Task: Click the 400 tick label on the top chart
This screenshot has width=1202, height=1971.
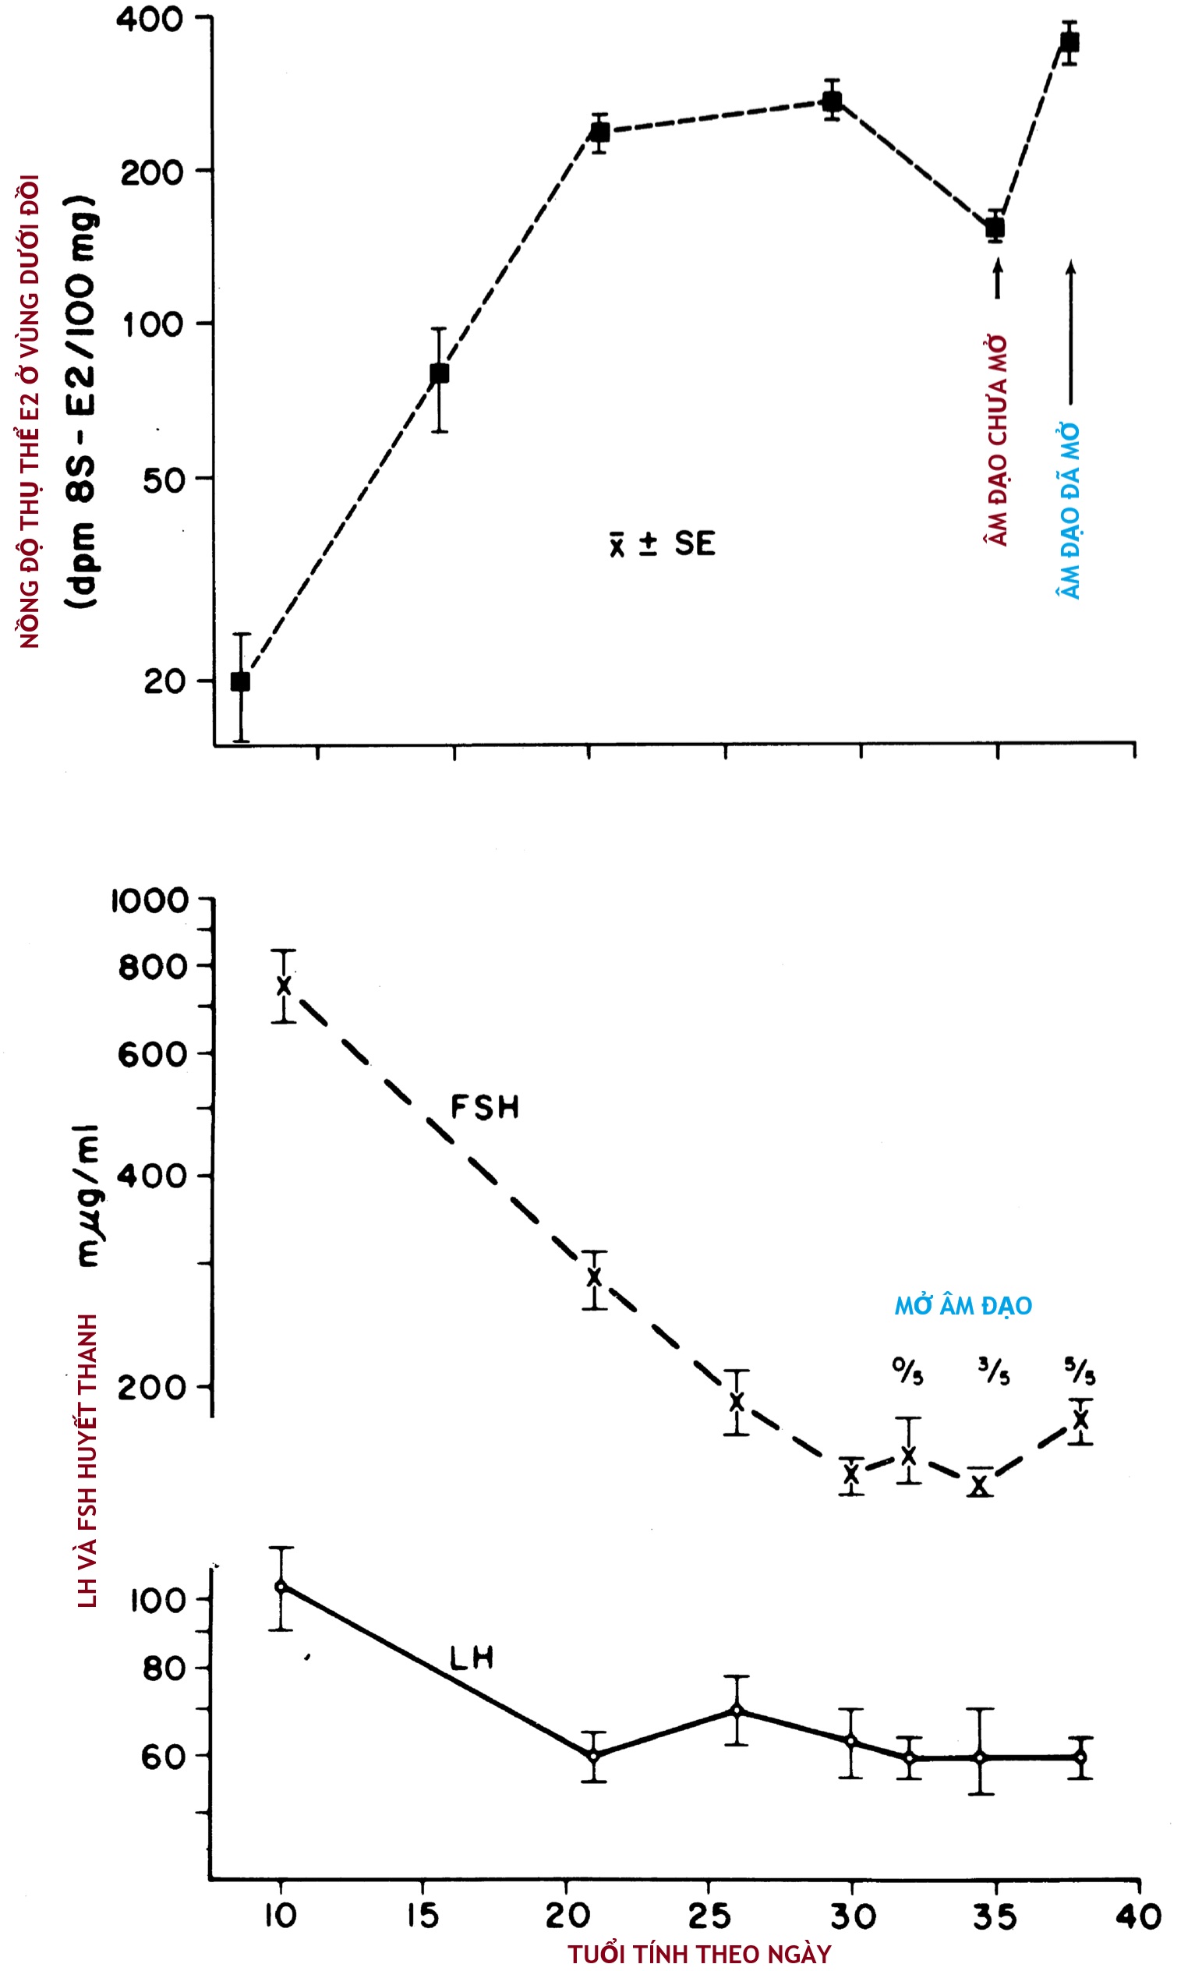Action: click(x=150, y=19)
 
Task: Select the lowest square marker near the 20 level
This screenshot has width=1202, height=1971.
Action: click(x=240, y=681)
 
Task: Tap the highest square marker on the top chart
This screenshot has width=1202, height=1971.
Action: click(x=1069, y=41)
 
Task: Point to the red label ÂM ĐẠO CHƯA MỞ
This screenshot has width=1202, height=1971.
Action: click(x=996, y=441)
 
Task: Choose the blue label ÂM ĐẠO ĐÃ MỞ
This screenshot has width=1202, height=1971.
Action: click(x=1069, y=512)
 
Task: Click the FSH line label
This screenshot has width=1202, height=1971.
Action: click(x=485, y=1107)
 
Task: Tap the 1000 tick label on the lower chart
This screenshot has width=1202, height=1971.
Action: click(x=150, y=901)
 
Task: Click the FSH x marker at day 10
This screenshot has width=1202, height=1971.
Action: click(x=283, y=985)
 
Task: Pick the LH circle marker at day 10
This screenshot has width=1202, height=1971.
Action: click(x=280, y=1587)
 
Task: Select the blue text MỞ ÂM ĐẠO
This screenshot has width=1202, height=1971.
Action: click(x=963, y=1306)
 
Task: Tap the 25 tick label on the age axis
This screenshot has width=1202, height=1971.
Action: click(x=709, y=1916)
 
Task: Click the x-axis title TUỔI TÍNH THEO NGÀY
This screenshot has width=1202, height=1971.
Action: click(x=700, y=1954)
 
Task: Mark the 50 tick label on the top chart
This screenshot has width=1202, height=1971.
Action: click(x=163, y=480)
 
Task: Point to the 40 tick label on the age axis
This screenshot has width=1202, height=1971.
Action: click(x=1139, y=1916)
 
